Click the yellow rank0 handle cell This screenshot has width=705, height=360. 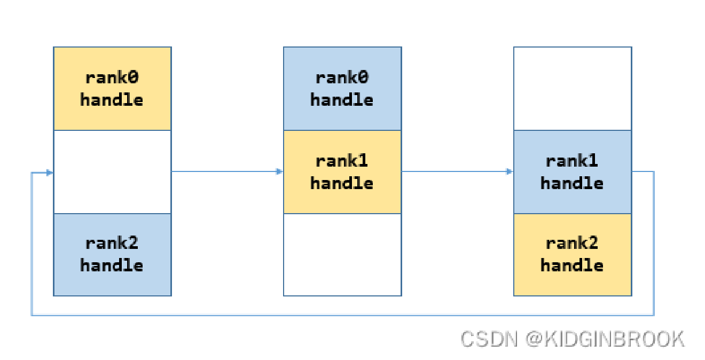[x=112, y=89]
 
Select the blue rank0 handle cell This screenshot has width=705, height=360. [x=342, y=89]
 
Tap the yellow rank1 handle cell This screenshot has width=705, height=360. [x=342, y=172]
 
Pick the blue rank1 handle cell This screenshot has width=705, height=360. [x=572, y=172]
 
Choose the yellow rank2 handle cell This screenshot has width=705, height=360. [x=572, y=254]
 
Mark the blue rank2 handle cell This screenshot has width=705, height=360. [x=112, y=254]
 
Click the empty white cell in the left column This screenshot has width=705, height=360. [x=112, y=172]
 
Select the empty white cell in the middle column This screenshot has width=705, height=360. [x=342, y=254]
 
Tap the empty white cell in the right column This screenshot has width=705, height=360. [x=572, y=89]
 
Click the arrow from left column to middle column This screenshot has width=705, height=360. [x=224, y=171]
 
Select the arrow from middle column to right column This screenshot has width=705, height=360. [x=454, y=171]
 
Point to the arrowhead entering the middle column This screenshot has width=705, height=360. [x=279, y=171]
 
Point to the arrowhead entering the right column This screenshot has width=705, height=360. [x=510, y=171]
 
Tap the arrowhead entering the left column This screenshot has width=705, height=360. [x=50, y=173]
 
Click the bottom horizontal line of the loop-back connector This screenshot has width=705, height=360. [x=342, y=315]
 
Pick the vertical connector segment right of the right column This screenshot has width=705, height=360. [x=654, y=243]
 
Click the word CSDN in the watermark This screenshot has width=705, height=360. [x=489, y=339]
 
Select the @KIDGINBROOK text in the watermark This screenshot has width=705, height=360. [x=605, y=339]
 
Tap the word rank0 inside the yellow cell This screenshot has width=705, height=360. [x=112, y=78]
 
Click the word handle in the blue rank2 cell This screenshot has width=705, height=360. [x=112, y=265]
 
